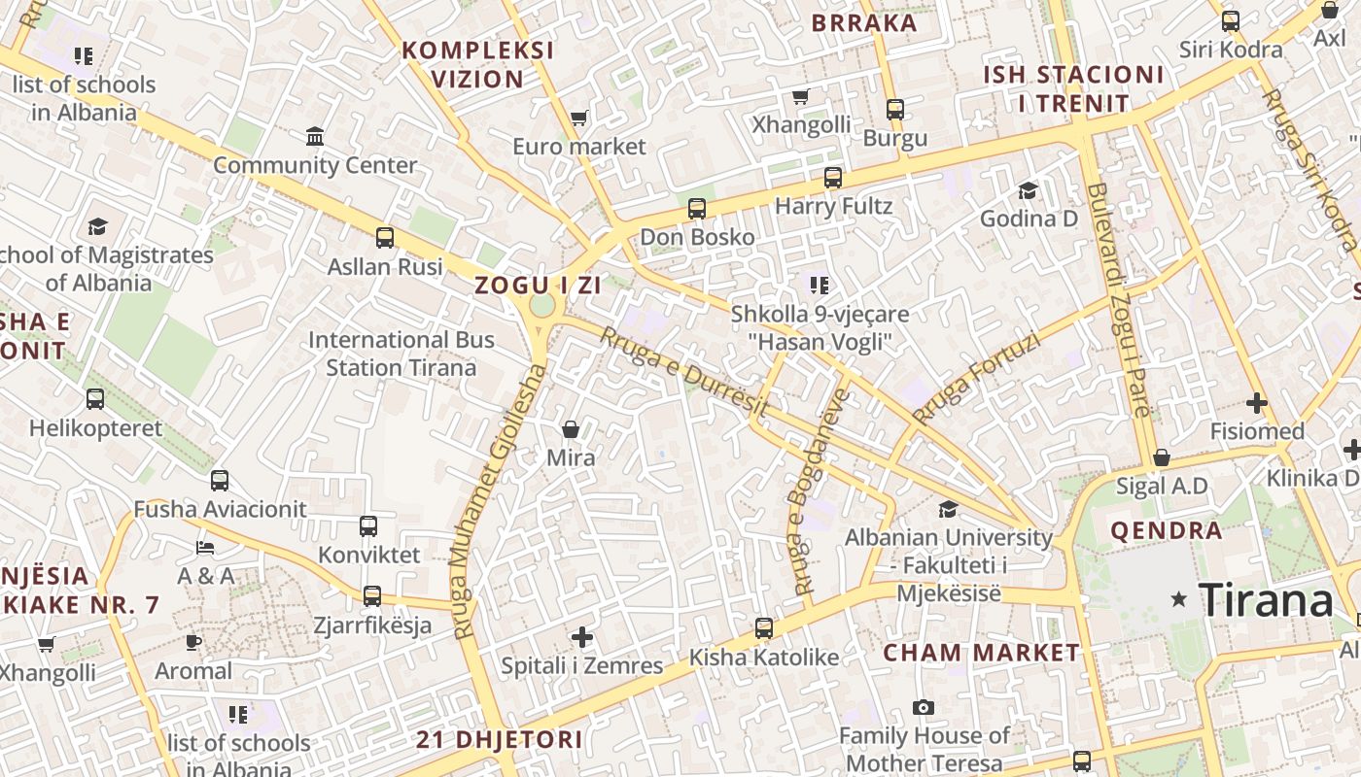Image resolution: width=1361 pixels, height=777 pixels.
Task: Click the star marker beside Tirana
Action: [1179, 599]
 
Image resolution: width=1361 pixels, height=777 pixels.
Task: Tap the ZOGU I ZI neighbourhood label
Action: [538, 286]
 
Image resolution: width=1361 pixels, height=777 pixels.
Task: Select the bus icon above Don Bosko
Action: [696, 209]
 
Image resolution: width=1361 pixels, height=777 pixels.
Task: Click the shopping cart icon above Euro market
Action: [579, 118]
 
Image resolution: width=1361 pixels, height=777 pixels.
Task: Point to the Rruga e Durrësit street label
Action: [683, 373]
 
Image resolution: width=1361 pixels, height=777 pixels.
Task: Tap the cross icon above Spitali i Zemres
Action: [582, 637]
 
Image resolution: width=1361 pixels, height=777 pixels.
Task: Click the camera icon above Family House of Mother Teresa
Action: [923, 707]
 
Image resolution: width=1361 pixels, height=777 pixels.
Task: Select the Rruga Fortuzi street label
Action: [976, 378]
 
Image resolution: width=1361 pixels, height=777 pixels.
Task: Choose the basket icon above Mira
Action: [571, 428]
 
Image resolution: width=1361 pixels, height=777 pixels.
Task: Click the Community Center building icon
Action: [315, 137]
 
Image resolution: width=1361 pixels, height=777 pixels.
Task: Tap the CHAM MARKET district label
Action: [981, 653]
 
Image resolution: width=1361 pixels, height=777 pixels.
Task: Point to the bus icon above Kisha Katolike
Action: [764, 628]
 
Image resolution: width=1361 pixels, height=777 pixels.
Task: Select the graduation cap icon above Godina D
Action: [1028, 190]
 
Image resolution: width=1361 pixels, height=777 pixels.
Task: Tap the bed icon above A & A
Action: [205, 548]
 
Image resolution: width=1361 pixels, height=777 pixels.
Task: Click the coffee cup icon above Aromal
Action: [193, 642]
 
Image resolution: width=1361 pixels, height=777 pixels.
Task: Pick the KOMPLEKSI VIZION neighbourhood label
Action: [477, 64]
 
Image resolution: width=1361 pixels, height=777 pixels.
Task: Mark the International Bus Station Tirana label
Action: [401, 354]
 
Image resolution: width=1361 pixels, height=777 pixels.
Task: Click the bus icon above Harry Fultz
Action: [833, 178]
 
